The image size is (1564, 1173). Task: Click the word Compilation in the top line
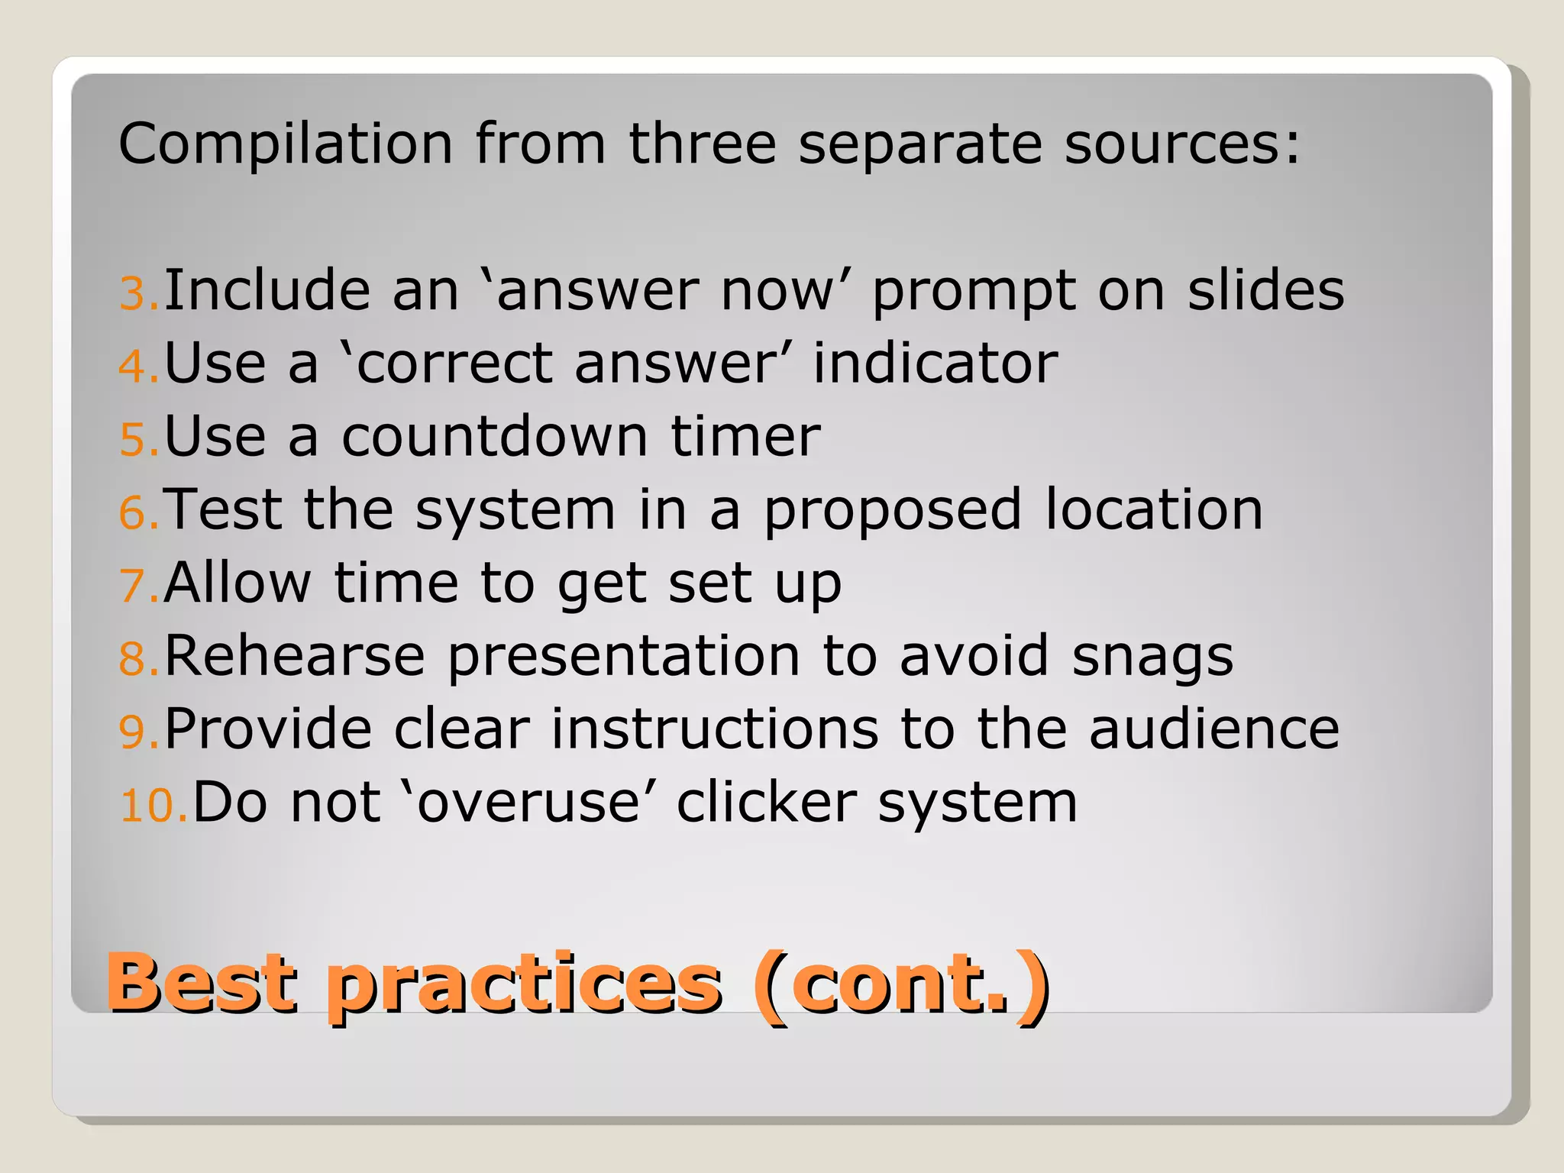[x=286, y=144]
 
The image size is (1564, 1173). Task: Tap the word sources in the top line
[x=1181, y=144]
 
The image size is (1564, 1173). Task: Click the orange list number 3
[x=138, y=294]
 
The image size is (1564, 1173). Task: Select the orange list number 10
[x=153, y=806]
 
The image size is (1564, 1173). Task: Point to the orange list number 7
[x=138, y=586]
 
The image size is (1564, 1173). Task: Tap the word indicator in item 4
[x=935, y=364]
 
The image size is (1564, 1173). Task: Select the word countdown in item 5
[x=495, y=437]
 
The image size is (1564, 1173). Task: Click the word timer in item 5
[x=745, y=437]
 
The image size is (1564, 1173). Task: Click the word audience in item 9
[x=1213, y=729]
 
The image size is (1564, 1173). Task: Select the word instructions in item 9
[x=715, y=729]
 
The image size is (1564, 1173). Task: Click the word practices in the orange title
[x=524, y=986]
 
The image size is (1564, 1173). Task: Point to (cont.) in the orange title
[x=902, y=984]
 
